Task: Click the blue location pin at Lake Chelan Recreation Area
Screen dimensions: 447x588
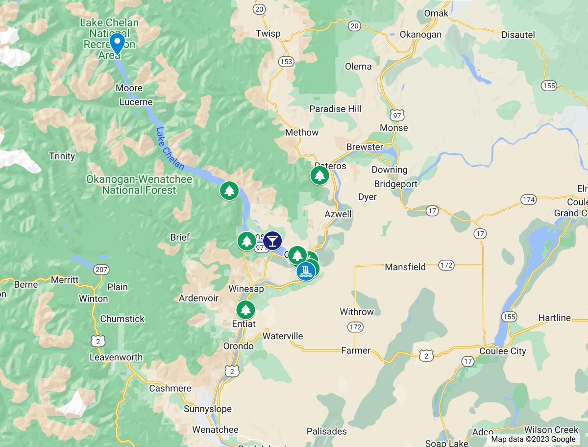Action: coord(117,44)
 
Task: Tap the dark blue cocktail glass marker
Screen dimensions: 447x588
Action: coord(272,241)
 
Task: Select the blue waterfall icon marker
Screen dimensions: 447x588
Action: coord(306,271)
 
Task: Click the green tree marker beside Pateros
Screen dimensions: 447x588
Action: coord(319,175)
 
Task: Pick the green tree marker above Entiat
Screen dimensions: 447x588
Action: coord(245,310)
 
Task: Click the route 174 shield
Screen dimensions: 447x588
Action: coord(529,199)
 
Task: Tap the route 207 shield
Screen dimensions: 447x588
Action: coord(101,270)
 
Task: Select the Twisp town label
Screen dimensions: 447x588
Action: coord(268,33)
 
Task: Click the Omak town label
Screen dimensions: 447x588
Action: coord(436,13)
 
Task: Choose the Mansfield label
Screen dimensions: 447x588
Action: coord(405,267)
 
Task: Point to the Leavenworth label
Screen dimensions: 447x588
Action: coord(116,357)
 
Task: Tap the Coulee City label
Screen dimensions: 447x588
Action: coord(503,351)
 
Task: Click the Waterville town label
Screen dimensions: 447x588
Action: coord(283,336)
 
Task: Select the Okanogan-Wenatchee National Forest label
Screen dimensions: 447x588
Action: coord(139,185)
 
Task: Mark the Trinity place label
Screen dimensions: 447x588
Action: coord(62,156)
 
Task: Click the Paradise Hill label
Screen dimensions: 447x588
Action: coord(335,109)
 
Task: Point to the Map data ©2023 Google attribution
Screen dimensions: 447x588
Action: coord(533,439)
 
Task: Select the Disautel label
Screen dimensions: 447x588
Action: coord(518,35)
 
